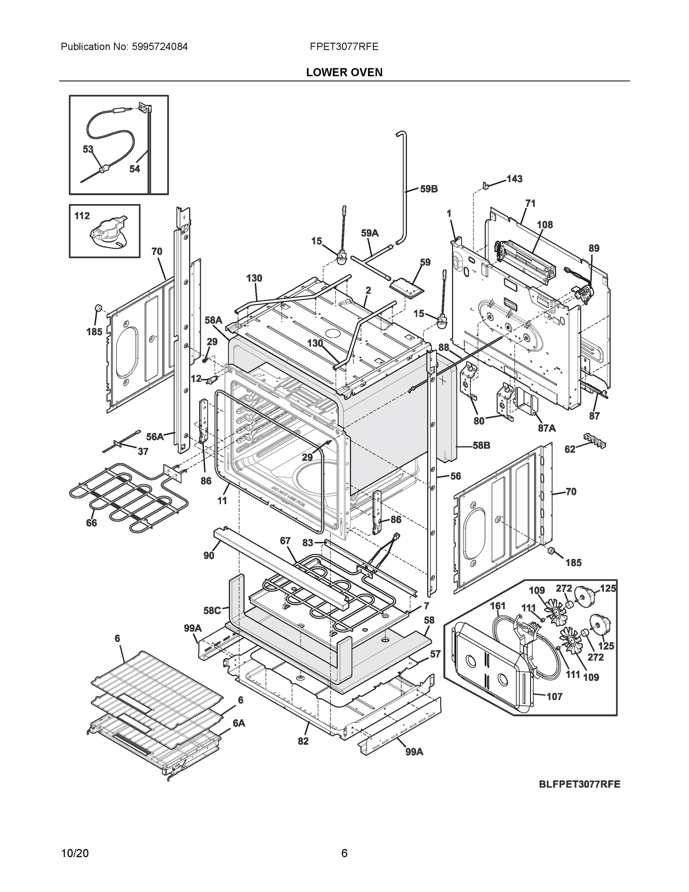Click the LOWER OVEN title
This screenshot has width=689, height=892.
tap(344, 72)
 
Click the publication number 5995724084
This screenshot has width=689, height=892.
tap(159, 46)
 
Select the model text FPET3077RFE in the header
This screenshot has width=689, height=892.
tap(344, 46)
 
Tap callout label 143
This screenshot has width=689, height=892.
tap(514, 179)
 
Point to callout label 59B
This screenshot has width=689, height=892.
tap(429, 189)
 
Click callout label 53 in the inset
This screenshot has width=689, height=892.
tap(88, 149)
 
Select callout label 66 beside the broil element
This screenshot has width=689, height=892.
tap(91, 523)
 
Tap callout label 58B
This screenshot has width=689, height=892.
tap(482, 445)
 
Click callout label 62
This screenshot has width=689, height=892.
tap(570, 450)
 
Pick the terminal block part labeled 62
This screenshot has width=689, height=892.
tap(594, 439)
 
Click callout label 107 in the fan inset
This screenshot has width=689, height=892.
tap(554, 697)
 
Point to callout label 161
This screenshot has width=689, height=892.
tap(498, 606)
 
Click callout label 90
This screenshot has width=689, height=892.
tap(209, 556)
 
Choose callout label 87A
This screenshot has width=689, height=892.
tap(546, 428)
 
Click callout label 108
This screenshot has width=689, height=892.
tap(545, 224)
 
